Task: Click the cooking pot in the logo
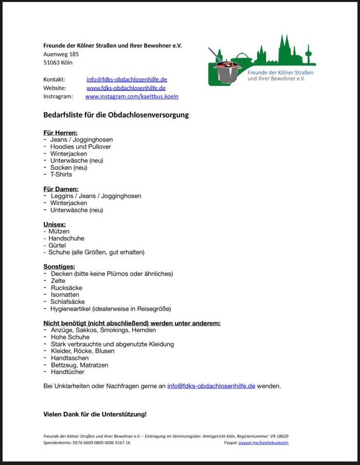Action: point(227,71)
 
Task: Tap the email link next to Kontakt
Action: point(127,79)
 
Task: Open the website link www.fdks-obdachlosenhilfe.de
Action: point(126,88)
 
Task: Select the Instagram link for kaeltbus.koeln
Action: point(132,96)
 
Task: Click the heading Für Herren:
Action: point(60,132)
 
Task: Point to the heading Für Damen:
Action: point(61,189)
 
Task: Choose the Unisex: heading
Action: point(55,224)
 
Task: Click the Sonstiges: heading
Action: point(59,267)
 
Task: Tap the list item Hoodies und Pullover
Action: point(80,147)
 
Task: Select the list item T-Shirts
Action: point(61,174)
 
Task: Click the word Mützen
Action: point(59,231)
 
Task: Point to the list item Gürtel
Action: point(57,245)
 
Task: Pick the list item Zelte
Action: point(58,281)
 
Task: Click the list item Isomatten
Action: point(65,295)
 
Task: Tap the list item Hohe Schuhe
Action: point(70,337)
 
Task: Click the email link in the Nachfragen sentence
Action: point(211,386)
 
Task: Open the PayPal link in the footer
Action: point(263,443)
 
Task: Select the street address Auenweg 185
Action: point(61,54)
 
